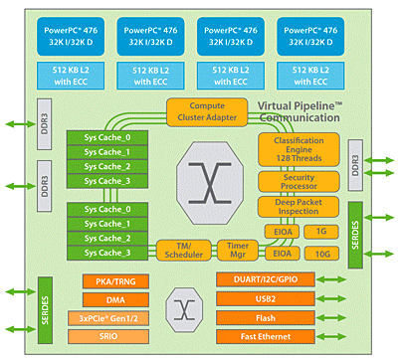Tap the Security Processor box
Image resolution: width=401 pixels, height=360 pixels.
click(x=299, y=181)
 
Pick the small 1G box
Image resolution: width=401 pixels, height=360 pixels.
click(x=319, y=231)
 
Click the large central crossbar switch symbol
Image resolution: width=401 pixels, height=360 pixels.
click(x=210, y=182)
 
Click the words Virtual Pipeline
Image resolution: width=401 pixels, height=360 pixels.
click(x=304, y=105)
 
